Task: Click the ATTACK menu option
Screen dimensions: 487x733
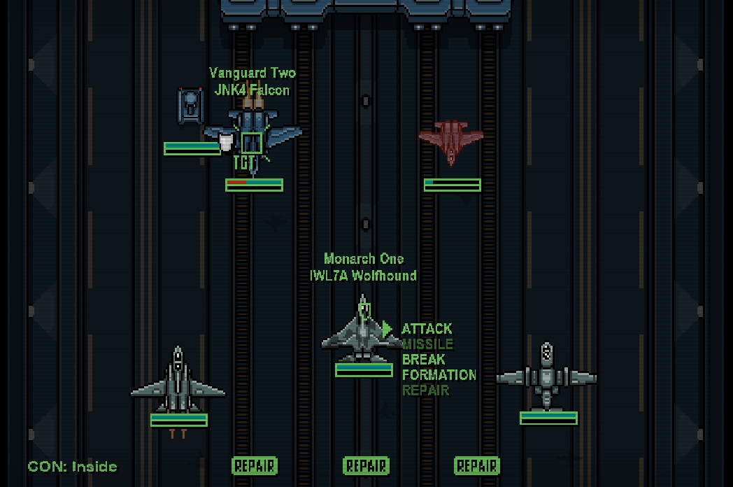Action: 427,329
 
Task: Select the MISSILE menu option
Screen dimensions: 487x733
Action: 427,344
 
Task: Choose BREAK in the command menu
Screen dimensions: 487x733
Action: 423,360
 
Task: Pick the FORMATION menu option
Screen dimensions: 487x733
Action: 439,375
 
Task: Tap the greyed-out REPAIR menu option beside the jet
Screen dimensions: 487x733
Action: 425,390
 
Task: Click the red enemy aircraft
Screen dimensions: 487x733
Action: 451,141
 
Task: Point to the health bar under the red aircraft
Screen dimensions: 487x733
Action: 452,185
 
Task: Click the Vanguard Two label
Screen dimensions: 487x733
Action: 252,73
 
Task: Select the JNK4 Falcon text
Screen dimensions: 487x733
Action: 252,90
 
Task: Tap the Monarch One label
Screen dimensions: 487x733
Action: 364,260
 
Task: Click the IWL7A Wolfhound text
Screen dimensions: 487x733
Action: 364,276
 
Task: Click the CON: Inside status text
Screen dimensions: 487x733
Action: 73,467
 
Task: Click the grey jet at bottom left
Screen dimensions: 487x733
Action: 178,383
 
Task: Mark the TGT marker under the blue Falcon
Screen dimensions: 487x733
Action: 243,163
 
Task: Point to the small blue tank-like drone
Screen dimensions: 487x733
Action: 190,106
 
